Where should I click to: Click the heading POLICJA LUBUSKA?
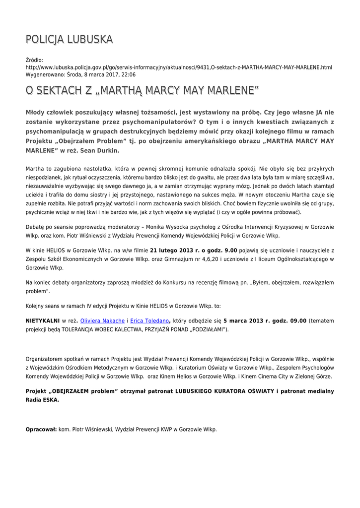coord(69,39)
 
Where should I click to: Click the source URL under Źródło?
coord(179,67)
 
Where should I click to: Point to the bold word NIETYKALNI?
coord(43,321)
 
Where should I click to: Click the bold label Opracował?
coord(41,430)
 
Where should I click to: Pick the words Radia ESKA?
coord(42,399)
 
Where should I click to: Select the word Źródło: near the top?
coord(35,60)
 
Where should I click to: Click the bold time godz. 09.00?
coord(290,321)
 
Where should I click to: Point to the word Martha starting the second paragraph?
coord(35,169)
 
